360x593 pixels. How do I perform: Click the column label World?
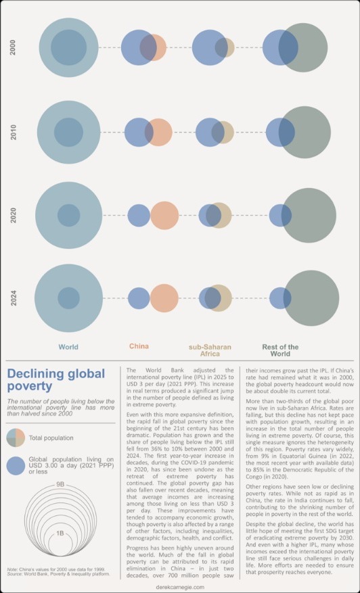point(68,347)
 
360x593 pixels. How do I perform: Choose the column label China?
point(139,347)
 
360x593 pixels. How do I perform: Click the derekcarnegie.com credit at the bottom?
point(179,588)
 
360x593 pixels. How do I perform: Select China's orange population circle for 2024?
point(164,298)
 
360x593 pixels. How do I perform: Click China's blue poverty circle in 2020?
point(138,215)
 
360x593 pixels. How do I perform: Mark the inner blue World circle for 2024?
point(68,298)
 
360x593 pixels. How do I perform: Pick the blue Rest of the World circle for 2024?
point(279,298)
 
